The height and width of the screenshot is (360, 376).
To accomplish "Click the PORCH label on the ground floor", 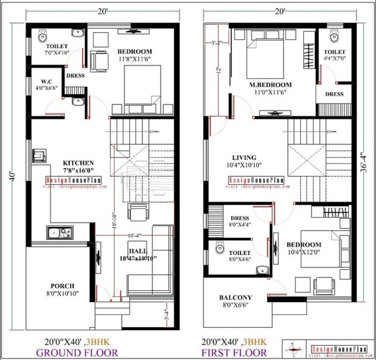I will tap(62, 286).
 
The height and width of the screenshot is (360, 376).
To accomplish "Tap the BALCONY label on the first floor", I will tap(235, 298).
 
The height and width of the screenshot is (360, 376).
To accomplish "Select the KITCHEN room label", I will tap(78, 162).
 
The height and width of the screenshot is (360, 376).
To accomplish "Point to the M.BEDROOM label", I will tap(270, 85).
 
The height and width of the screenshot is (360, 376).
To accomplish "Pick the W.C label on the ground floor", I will tap(43, 81).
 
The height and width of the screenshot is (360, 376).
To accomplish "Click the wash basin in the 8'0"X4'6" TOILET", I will tap(262, 269).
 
